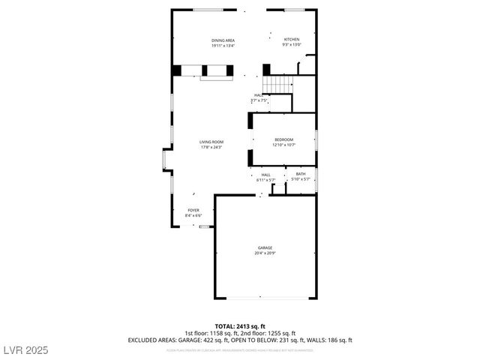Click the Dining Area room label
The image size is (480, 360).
(223, 40)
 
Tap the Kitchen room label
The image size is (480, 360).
(291, 40)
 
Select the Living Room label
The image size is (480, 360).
(211, 142)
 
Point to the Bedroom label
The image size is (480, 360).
(283, 139)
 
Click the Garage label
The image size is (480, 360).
(265, 247)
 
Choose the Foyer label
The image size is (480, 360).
(193, 211)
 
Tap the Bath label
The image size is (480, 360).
(300, 174)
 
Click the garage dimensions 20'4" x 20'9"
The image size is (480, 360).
(265, 253)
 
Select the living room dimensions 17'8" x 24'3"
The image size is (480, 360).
(211, 147)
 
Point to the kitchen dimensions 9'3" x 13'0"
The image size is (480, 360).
(291, 45)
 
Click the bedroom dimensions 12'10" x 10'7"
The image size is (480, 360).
(283, 145)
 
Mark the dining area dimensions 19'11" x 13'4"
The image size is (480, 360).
(223, 46)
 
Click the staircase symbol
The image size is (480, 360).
(280, 85)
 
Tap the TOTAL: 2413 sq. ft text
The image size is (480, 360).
(240, 327)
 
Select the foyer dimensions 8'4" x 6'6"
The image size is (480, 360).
(193, 216)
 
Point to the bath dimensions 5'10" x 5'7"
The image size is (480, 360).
(300, 180)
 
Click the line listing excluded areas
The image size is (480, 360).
(240, 340)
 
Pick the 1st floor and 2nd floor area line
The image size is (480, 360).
(240, 333)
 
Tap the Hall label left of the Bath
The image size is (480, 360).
(265, 174)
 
